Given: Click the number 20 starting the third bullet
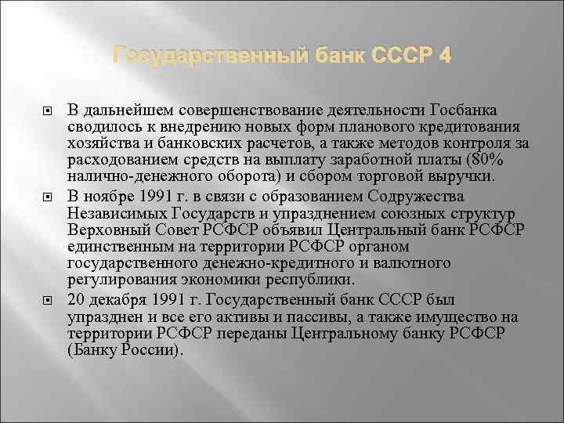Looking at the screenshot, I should point(77,301).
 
